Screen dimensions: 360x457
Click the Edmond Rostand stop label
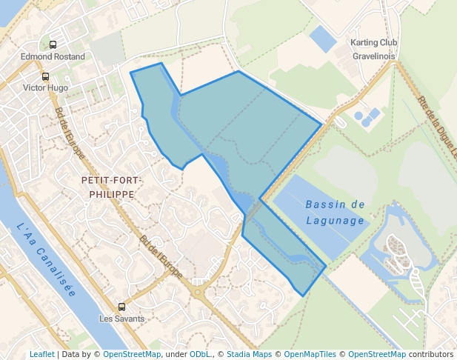pos(53,56)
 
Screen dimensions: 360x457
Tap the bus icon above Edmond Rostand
pos(53,44)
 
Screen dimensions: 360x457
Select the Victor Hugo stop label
pos(46,87)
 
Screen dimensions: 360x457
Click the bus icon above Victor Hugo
pos(46,76)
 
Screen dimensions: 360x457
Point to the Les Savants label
pos(122,319)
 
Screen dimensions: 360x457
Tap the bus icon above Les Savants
pos(122,307)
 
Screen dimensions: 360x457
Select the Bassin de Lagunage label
pos(336,212)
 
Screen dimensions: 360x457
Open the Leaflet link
pos(42,354)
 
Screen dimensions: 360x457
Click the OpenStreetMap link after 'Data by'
pos(132,354)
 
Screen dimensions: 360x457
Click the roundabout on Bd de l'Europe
pos(198,292)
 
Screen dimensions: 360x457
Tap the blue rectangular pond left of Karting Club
pos(323,39)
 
